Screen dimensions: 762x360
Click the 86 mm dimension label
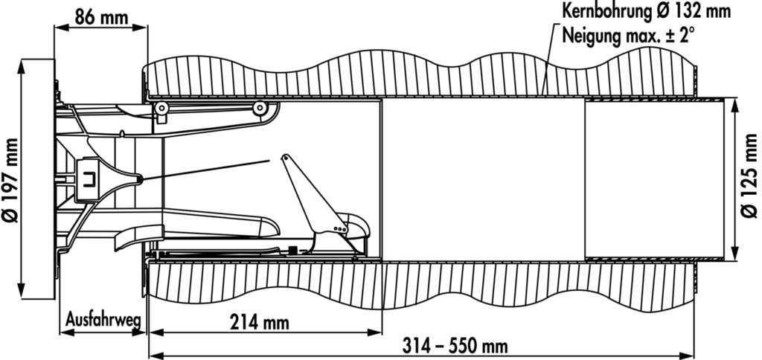pyautogui.click(x=101, y=18)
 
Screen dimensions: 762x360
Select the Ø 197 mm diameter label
pyautogui.click(x=10, y=180)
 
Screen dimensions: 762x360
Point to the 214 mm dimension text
pyautogui.click(x=259, y=322)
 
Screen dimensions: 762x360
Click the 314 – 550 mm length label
pyautogui.click(x=455, y=347)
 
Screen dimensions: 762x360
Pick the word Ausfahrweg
pyautogui.click(x=103, y=320)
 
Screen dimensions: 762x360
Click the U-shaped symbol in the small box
pyautogui.click(x=89, y=181)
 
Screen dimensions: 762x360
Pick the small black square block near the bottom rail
pyautogui.click(x=292, y=250)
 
